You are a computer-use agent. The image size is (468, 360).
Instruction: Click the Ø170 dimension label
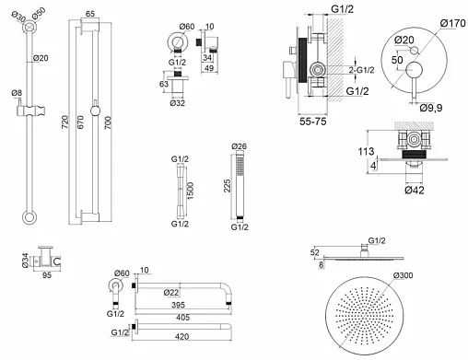click(452, 23)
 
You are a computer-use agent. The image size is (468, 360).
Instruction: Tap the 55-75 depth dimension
click(312, 122)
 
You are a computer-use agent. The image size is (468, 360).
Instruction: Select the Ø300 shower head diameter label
click(403, 275)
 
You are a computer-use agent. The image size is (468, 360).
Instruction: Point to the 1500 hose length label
click(191, 191)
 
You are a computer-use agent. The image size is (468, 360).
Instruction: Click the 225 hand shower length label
click(227, 186)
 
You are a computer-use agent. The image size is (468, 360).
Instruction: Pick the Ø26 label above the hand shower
click(239, 146)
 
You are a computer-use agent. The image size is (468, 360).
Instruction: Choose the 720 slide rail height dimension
click(64, 122)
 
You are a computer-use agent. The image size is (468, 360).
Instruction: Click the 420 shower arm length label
click(181, 337)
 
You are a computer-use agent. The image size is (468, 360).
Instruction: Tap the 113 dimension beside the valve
click(366, 151)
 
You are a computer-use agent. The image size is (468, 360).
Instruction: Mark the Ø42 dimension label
click(415, 191)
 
